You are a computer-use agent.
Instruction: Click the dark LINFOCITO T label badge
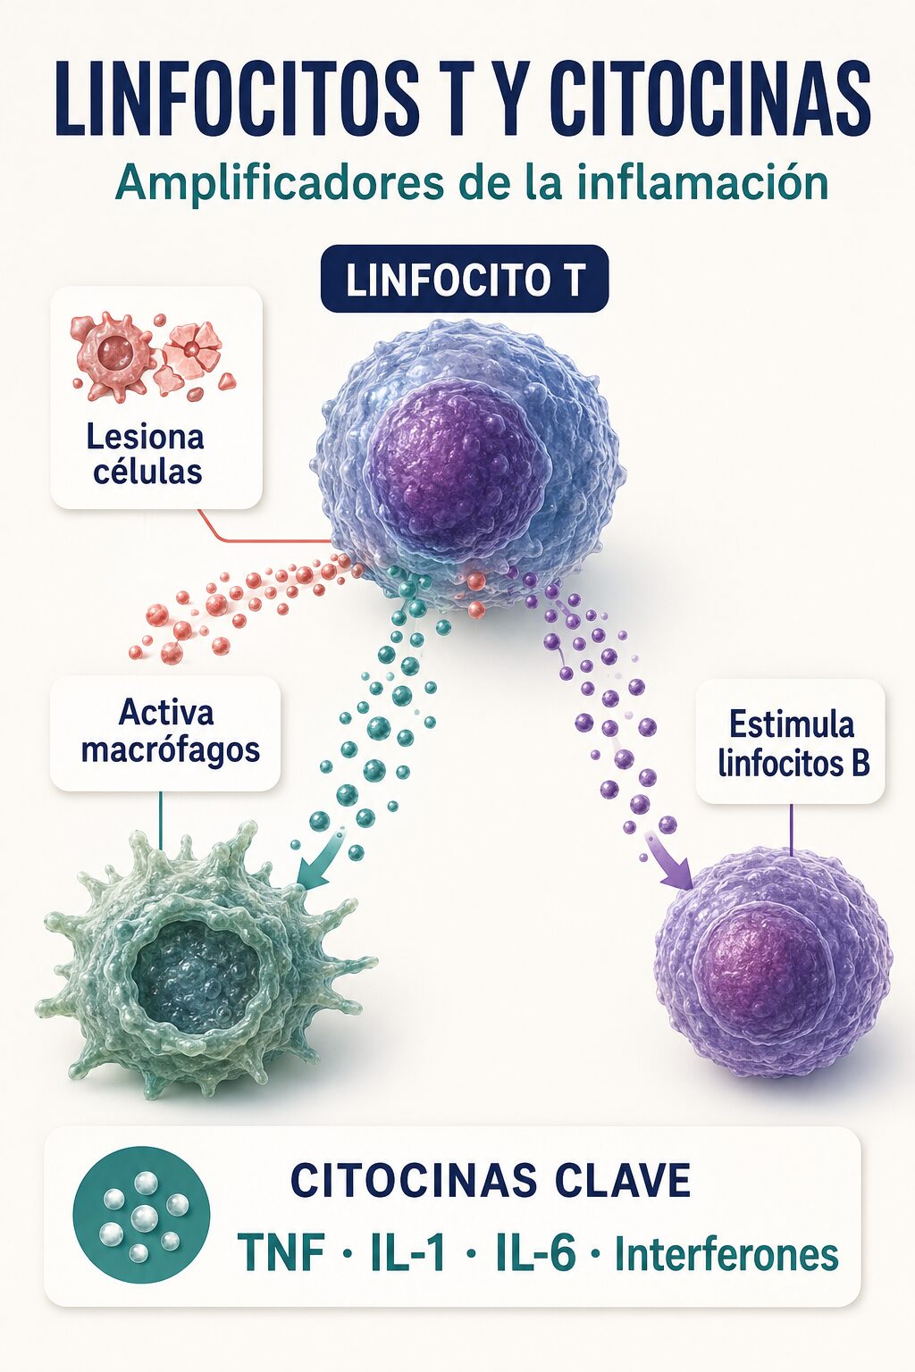465,280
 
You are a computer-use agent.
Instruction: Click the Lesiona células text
146,455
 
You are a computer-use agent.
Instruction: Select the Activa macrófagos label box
165,732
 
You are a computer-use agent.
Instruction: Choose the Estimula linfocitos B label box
792,741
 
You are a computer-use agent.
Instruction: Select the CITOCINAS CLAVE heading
491,1180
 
